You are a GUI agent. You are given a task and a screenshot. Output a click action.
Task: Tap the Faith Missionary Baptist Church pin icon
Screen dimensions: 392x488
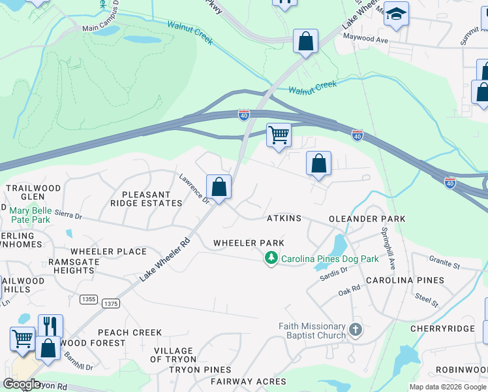(x=355, y=329)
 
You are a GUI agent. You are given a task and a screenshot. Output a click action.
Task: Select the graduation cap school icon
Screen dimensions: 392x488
(x=395, y=14)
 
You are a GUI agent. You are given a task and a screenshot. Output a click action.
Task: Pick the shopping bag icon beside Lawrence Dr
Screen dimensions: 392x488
(x=219, y=187)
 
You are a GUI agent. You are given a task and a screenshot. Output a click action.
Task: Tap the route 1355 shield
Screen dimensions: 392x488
(x=89, y=299)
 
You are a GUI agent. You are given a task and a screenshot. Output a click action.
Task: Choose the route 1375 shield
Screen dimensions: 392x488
(x=111, y=303)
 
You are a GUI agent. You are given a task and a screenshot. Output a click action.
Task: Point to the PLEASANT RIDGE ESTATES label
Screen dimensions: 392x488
(x=149, y=199)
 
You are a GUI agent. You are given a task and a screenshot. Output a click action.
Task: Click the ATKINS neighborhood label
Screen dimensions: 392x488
(x=284, y=218)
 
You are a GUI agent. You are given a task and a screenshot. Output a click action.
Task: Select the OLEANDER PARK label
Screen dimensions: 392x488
(x=367, y=219)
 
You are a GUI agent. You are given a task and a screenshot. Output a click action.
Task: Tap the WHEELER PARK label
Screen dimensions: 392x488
(x=249, y=243)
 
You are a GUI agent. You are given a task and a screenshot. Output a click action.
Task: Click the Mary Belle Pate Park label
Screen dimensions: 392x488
(x=30, y=216)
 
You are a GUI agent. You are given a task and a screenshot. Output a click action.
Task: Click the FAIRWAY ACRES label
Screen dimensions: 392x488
(x=247, y=382)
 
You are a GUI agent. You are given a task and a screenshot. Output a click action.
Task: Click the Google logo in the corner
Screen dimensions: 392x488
(x=22, y=384)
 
